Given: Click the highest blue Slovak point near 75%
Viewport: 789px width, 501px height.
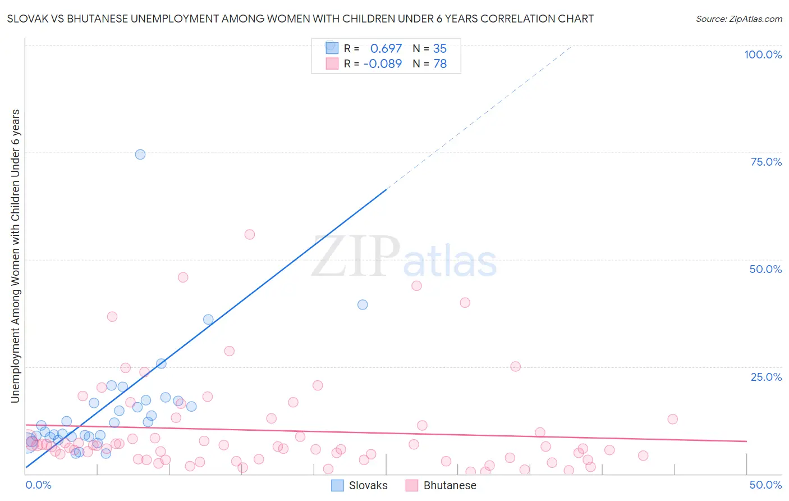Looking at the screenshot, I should coord(140,154).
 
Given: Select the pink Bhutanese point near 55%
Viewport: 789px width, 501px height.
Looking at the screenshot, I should coord(250,235).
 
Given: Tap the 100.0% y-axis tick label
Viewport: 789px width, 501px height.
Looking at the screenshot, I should coord(763,54).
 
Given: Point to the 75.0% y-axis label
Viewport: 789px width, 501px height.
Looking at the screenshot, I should coord(766,162).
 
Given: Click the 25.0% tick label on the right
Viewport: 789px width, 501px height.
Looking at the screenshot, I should coord(766,376).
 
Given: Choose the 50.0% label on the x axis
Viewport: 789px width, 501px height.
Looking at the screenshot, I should coord(765,485).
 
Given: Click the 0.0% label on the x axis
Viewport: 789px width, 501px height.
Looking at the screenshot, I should coord(38,485).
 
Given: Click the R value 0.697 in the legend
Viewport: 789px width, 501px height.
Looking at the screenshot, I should coord(386,49).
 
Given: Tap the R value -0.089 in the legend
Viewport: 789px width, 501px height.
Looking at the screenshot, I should coord(383,64).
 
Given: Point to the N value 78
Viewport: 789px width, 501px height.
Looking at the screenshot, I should coord(440,64).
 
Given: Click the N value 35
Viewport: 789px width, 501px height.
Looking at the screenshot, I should coord(440,49).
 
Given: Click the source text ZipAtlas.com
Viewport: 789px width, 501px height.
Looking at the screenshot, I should coord(738,19).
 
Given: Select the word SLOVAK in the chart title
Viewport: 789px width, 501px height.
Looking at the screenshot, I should coord(26,19).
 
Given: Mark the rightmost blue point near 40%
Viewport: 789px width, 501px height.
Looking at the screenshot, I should coord(363,304).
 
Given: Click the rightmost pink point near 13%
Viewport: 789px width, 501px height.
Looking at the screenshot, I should coord(672,419).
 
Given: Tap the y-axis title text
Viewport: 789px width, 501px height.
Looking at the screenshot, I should coord(15,256).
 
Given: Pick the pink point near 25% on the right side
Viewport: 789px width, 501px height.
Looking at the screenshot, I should coord(515,366).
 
